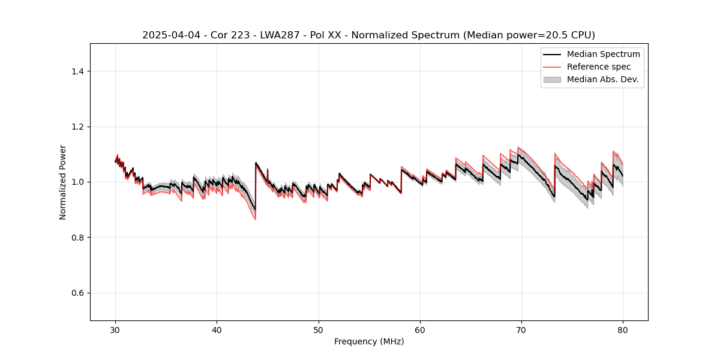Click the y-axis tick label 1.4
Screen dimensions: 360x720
(x=77, y=71)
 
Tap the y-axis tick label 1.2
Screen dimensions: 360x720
(x=77, y=127)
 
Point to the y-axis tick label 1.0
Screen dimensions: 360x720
(x=77, y=182)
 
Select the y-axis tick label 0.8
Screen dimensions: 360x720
(x=77, y=238)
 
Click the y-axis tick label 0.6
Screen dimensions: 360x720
(x=77, y=293)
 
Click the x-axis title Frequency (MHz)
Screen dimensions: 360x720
(x=369, y=341)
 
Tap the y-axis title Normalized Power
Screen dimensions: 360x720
(x=63, y=182)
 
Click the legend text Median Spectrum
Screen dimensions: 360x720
(x=603, y=54)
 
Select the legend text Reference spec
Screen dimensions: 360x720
(x=598, y=67)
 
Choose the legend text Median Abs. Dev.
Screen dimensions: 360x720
(x=602, y=79)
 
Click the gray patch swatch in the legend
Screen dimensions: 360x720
(x=552, y=79)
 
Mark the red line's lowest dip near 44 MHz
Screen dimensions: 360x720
(x=255, y=219)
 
